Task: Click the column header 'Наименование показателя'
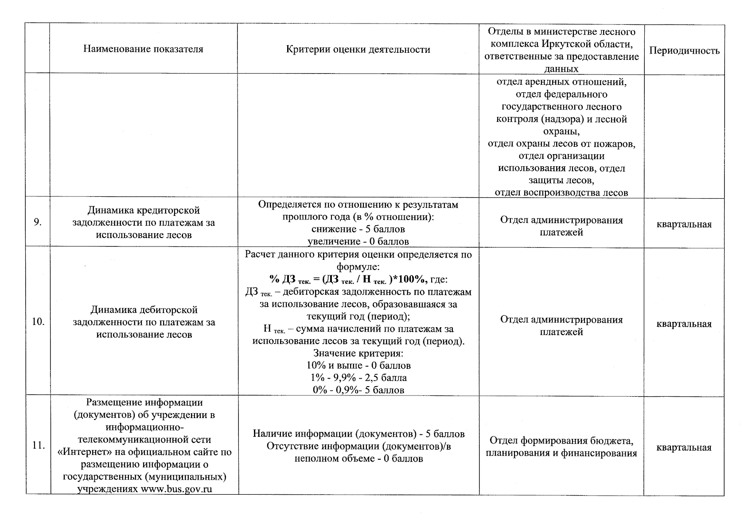[143, 49]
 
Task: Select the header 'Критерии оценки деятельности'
[358, 50]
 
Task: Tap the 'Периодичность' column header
[684, 51]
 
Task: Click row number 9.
[38, 223]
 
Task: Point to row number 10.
[38, 322]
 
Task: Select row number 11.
[39, 446]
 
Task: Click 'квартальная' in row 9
[684, 224]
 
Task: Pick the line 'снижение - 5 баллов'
[358, 229]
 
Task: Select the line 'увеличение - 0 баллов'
[358, 242]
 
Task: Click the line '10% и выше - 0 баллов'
[358, 366]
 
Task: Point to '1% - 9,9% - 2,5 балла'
[358, 378]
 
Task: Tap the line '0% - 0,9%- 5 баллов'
[358, 390]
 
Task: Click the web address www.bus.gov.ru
[176, 489]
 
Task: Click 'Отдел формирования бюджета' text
[561, 441]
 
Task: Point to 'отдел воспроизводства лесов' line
[561, 193]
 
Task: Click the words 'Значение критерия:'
[358, 353]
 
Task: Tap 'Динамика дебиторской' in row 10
[144, 310]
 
